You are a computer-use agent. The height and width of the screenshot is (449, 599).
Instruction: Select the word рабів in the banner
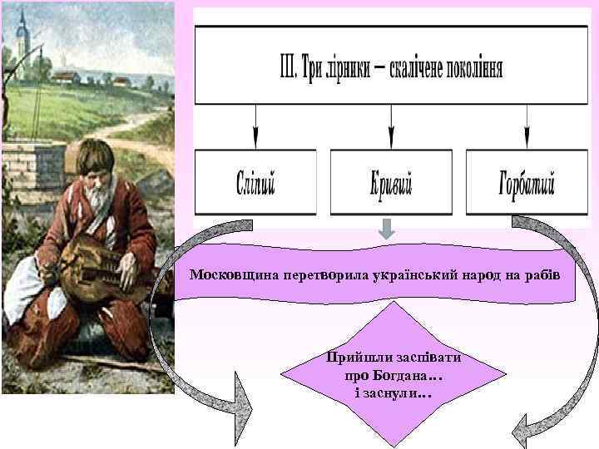[x=543, y=274]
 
